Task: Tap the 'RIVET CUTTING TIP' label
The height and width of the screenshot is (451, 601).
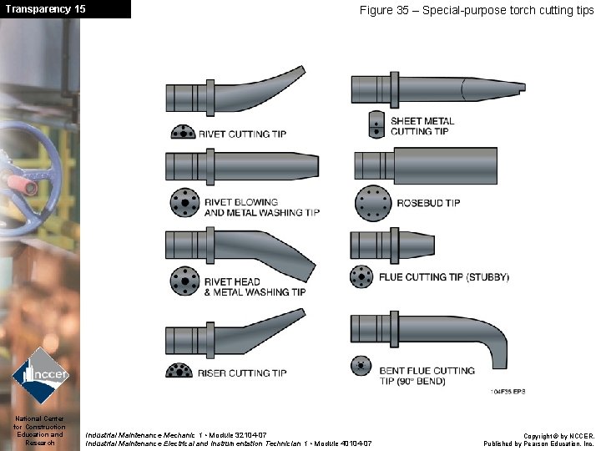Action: click(x=242, y=134)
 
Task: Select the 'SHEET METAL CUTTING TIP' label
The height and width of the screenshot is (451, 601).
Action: click(x=422, y=126)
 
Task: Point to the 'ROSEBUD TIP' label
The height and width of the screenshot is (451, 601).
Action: click(x=428, y=203)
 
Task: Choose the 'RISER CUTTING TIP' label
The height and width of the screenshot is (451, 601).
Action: click(x=242, y=373)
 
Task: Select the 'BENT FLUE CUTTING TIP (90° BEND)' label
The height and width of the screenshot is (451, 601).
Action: click(x=427, y=375)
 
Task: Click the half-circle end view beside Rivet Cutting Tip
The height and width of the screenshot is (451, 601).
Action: click(x=182, y=132)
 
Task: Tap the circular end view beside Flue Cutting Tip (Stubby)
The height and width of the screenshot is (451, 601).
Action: click(x=361, y=276)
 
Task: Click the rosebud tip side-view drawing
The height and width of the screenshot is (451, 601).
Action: click(x=426, y=165)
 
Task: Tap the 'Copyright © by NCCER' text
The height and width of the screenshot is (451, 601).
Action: click(x=558, y=436)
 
